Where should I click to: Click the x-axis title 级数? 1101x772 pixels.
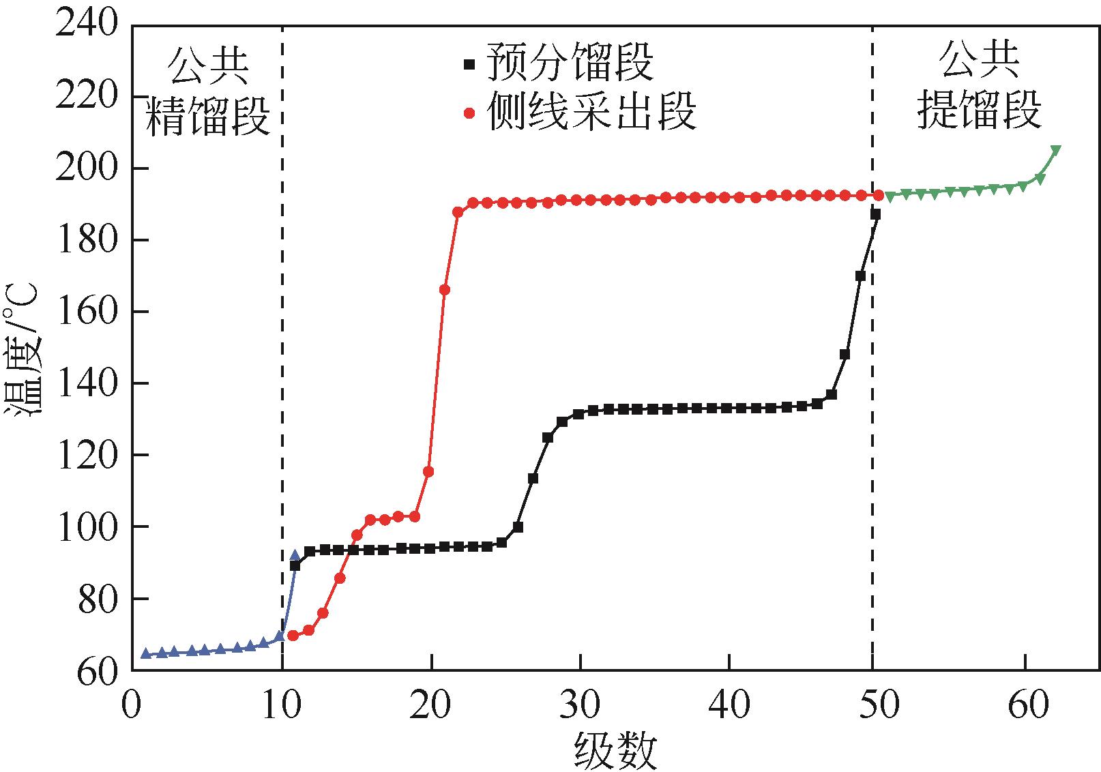(615, 750)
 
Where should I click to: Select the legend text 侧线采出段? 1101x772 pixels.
(591, 111)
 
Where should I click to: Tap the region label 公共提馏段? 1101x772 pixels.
(980, 85)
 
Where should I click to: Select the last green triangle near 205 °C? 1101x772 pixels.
(1055, 151)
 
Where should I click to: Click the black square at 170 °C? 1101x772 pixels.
(860, 276)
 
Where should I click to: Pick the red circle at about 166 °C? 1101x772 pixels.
(444, 290)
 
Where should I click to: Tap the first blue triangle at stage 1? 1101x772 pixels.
(145, 653)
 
